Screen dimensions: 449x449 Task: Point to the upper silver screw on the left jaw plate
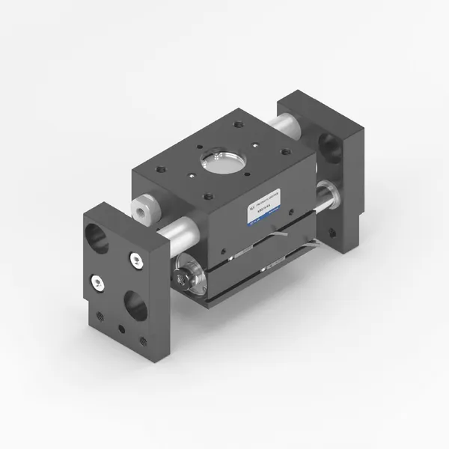click(x=135, y=260)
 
